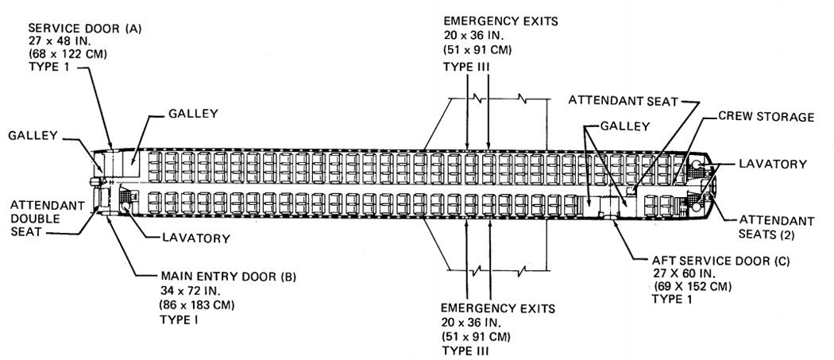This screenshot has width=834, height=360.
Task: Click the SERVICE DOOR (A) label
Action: coord(85,29)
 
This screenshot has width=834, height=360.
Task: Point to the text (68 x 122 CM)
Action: coord(68,54)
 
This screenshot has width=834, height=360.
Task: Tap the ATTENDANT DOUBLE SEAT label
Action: coord(47,219)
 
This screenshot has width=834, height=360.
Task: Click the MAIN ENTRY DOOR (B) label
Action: coord(228,277)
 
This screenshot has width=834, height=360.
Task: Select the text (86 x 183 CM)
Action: coord(197,306)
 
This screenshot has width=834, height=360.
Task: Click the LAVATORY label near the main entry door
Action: coord(196,238)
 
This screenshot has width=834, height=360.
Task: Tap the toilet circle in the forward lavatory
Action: coord(126,207)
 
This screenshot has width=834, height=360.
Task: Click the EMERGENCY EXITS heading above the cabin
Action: coord(500,21)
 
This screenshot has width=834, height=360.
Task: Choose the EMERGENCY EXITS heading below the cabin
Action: coord(498,308)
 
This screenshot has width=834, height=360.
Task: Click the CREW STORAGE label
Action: coord(766,117)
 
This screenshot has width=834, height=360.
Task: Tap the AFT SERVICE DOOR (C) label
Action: coord(721,261)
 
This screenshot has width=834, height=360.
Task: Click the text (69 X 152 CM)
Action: coord(693,287)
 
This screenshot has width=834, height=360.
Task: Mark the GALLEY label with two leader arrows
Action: coord(625,126)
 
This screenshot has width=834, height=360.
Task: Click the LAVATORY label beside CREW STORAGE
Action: coord(773,164)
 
